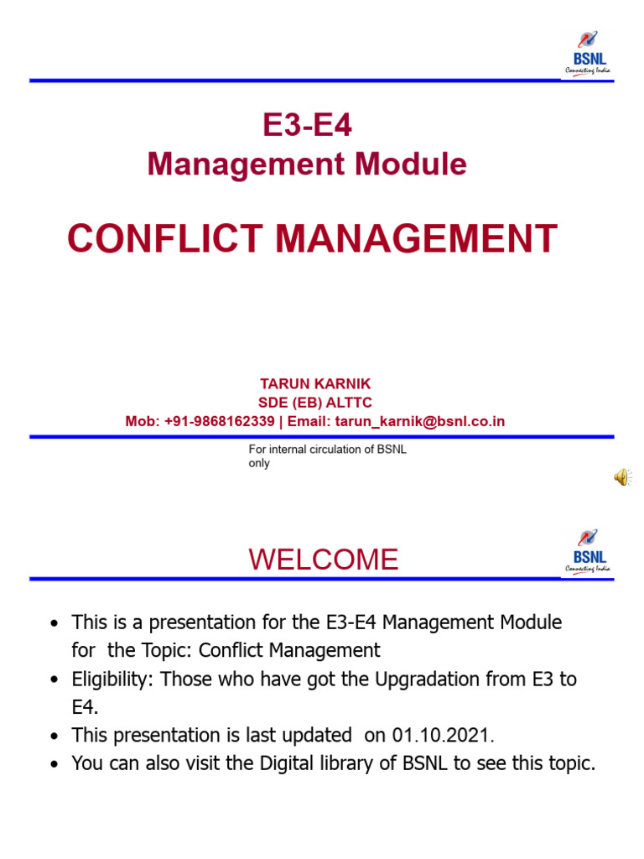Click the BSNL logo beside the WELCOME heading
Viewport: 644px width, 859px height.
(588, 551)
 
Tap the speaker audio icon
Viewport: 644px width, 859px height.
(621, 477)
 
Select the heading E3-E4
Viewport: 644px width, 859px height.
(307, 126)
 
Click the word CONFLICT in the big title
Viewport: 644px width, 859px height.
(166, 239)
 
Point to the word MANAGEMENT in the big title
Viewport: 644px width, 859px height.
(416, 239)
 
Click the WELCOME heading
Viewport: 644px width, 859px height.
(324, 560)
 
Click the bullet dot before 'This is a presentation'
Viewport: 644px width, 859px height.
(55, 624)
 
